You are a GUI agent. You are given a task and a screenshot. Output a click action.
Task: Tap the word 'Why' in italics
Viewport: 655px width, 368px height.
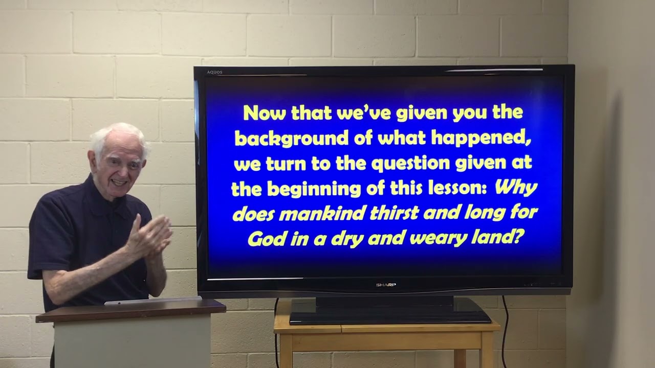(516, 188)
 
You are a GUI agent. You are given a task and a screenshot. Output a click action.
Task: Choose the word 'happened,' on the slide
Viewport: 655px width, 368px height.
(478, 139)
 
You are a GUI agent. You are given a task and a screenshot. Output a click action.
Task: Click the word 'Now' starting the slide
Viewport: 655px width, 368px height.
(264, 113)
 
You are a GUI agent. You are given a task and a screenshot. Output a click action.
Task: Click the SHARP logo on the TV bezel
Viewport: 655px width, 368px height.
(386, 285)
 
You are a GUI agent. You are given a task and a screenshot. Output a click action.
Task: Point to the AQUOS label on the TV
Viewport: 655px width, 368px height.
(214, 72)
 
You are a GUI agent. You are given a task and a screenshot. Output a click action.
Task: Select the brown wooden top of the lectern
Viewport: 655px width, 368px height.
(130, 309)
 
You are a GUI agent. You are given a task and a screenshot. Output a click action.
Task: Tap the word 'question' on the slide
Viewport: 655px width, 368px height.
(412, 164)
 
